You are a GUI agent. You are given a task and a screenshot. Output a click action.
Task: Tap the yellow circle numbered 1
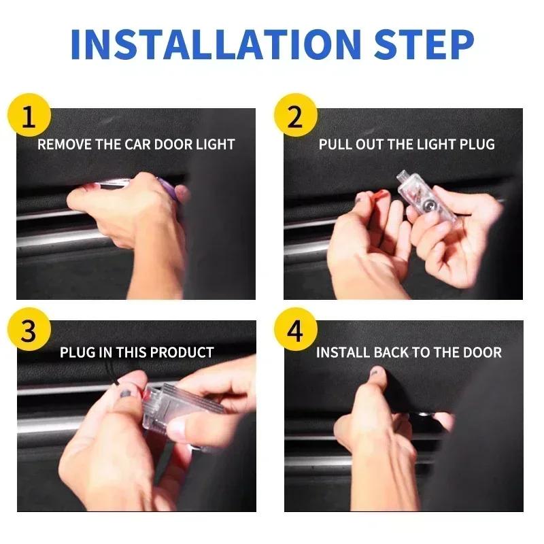click(29, 116)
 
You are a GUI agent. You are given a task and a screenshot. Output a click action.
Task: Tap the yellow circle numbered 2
click(295, 116)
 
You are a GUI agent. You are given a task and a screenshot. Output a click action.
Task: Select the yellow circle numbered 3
click(29, 331)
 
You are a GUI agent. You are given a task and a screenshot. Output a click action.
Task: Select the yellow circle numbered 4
click(295, 331)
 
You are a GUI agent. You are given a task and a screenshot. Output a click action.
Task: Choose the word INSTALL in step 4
click(343, 352)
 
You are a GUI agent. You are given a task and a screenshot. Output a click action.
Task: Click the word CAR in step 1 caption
click(136, 144)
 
